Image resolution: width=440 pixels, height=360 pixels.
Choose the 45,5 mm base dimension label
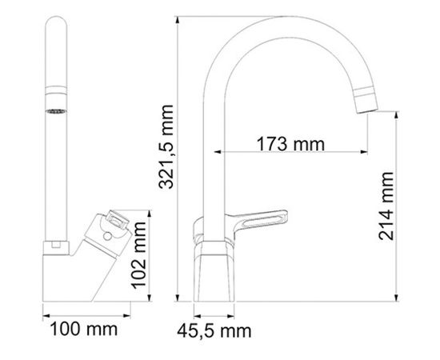214,329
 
